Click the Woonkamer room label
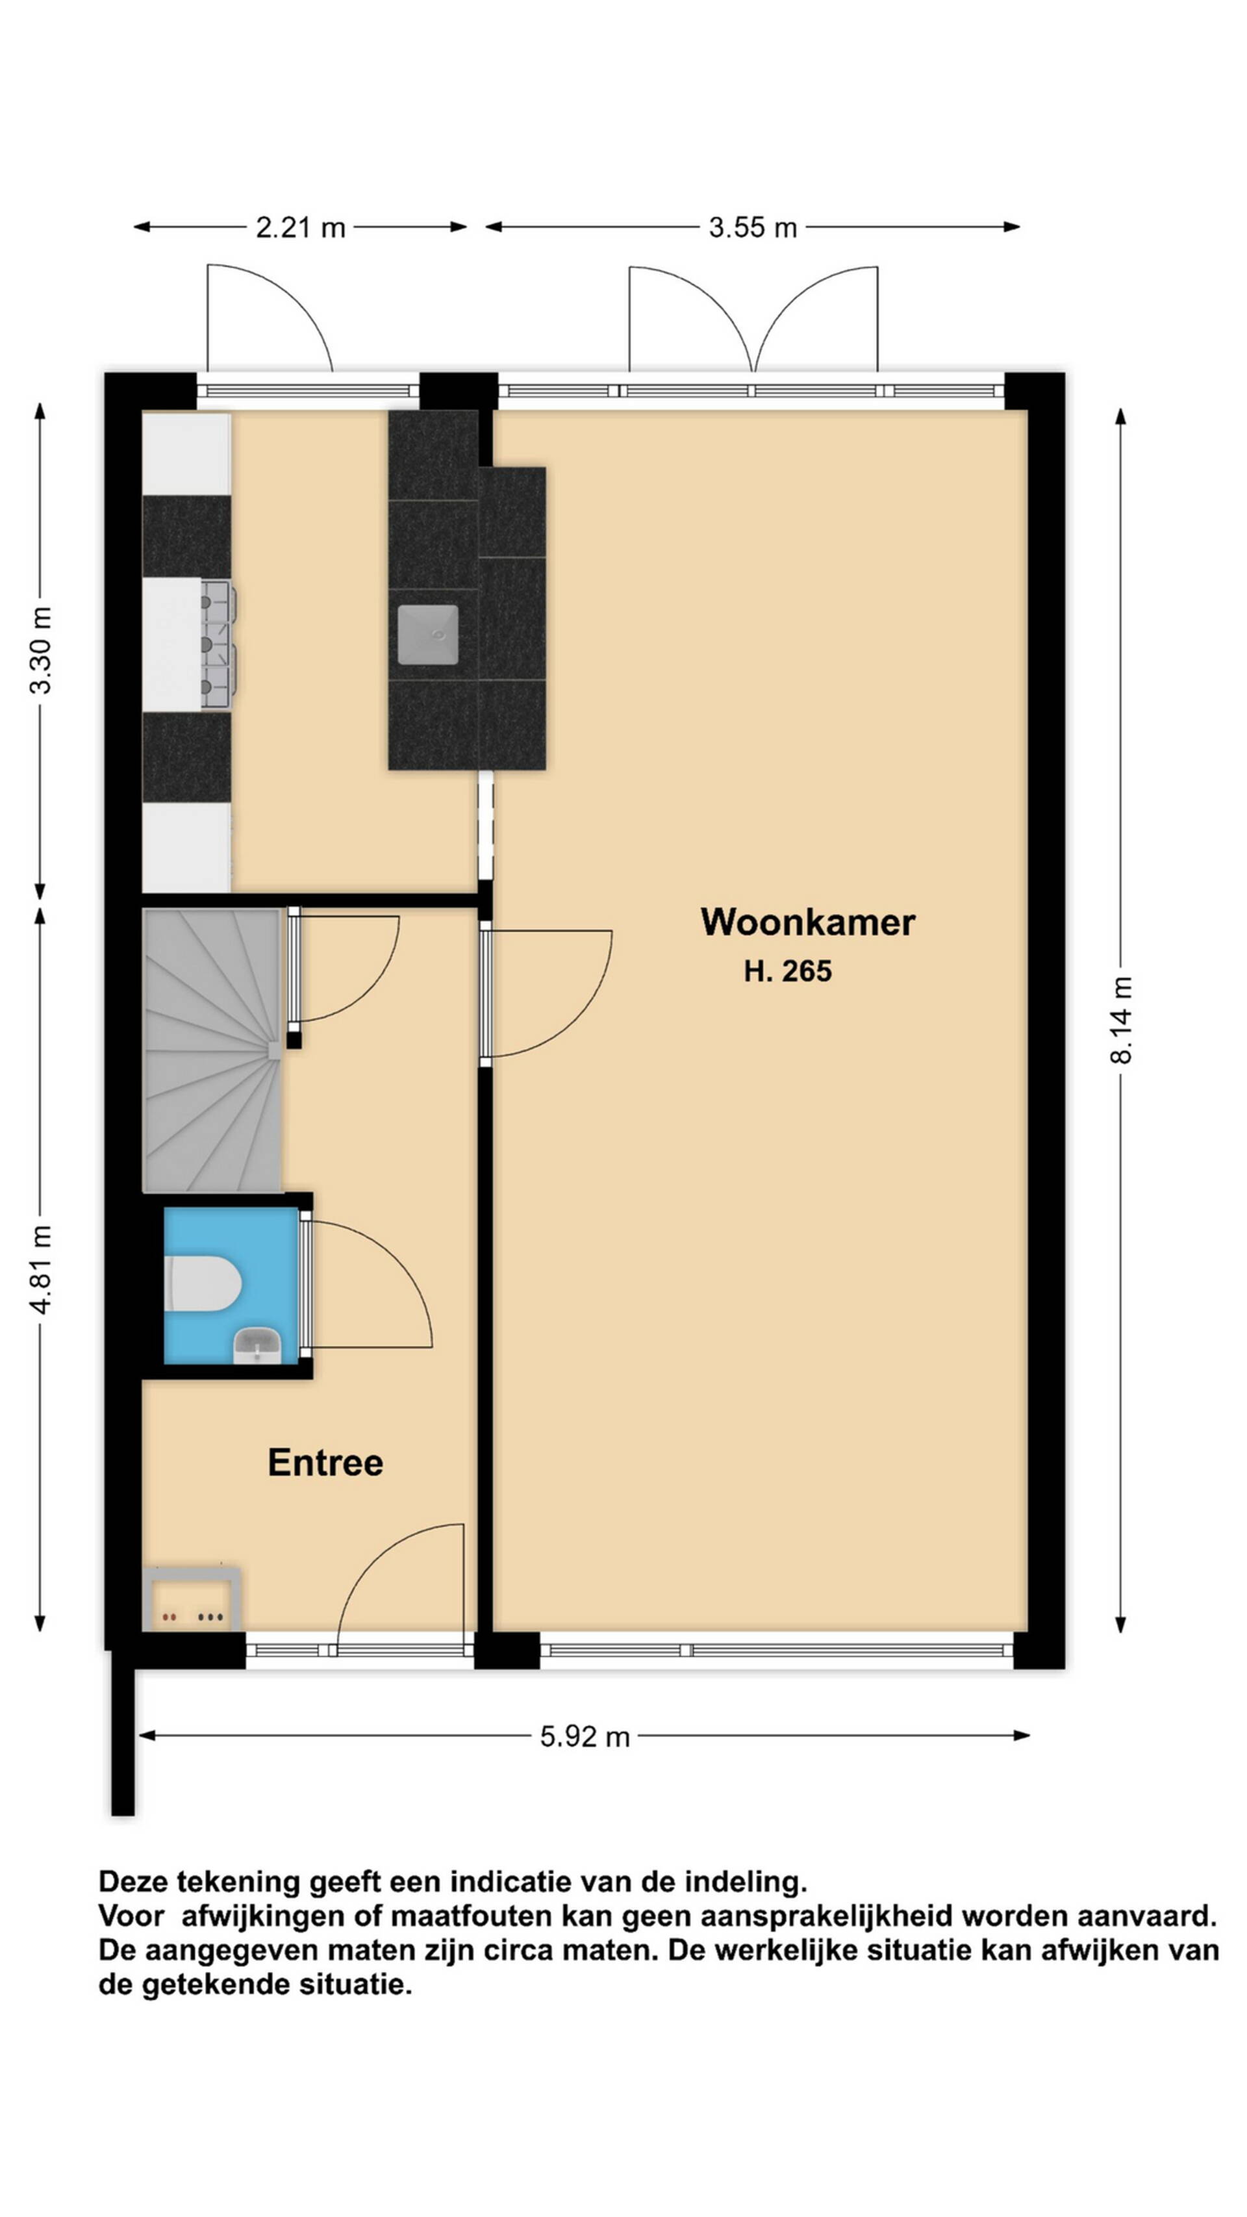[807, 922]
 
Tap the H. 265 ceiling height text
[787, 971]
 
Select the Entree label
[325, 1462]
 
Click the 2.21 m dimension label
[300, 227]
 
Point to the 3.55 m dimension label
[752, 227]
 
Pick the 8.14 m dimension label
[1120, 1020]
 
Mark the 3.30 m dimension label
[40, 650]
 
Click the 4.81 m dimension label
[40, 1269]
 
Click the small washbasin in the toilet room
[257, 1345]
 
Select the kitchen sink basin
[428, 634]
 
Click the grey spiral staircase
[212, 1050]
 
